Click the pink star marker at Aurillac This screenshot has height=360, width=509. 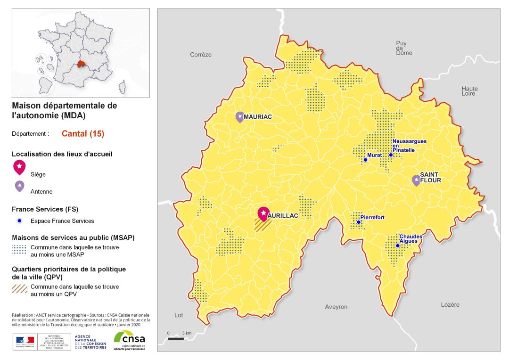coord(263,213)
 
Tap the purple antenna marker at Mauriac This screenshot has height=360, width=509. coord(240,117)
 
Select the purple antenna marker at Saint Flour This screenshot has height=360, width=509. coord(416,180)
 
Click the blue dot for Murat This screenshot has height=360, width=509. coord(365,160)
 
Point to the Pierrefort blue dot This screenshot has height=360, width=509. coord(358,222)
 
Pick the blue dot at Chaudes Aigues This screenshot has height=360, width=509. coord(397,245)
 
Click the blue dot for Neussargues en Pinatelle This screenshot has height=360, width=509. coord(390,155)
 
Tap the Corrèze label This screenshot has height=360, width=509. coord(201,55)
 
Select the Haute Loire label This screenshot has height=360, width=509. coord(469,91)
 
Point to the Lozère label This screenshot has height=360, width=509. coord(450,305)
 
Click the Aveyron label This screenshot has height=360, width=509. coord(336,307)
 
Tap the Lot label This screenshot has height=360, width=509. coord(179,315)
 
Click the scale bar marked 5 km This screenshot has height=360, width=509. coord(176,338)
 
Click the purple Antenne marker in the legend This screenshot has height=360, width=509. coord(19,186)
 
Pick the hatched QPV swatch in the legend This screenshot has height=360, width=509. coord(19,289)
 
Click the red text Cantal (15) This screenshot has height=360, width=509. coord(82,133)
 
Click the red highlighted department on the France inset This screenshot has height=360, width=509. coord(85,65)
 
